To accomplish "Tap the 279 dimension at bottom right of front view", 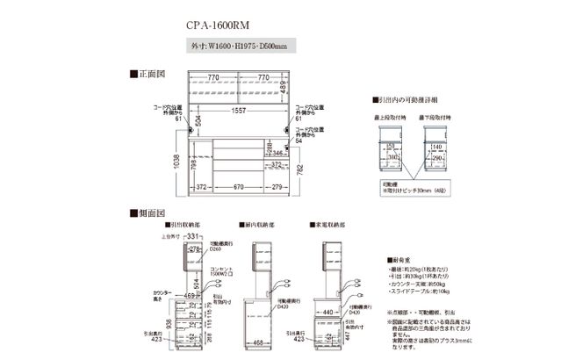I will pyautogui.click(x=278, y=187).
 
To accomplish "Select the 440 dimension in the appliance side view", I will pyautogui.click(x=327, y=311).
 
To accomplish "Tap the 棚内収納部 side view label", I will pyautogui.click(x=256, y=226).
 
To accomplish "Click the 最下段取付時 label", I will pyautogui.click(x=436, y=115).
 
